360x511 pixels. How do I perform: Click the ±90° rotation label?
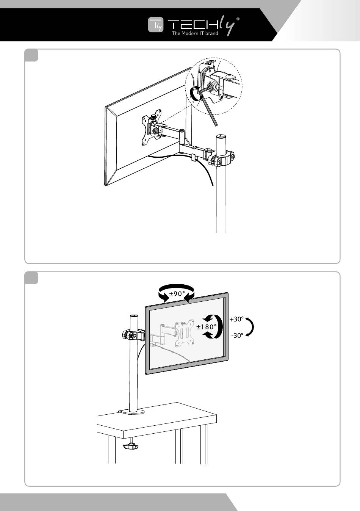tap(177, 293)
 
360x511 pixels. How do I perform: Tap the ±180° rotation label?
tap(207, 326)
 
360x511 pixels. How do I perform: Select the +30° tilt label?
tap(236, 319)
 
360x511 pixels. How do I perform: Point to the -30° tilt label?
tap(237, 335)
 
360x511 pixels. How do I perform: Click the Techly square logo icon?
tap(155, 26)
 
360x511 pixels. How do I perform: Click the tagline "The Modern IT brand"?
tap(195, 34)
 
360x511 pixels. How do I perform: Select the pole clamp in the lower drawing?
tap(133, 335)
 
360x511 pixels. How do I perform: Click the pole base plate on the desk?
tap(131, 412)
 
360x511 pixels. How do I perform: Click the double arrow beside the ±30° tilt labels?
tap(250, 327)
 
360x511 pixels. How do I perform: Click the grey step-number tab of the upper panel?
tap(31, 55)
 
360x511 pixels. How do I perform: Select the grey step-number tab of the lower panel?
tap(31, 277)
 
